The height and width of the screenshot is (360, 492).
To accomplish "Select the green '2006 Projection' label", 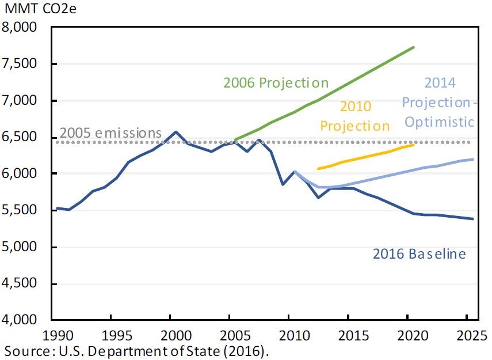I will [x=276, y=83].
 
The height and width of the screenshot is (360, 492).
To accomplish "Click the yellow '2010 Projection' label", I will [x=355, y=116].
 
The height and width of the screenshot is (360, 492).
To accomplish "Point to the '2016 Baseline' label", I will [x=419, y=253].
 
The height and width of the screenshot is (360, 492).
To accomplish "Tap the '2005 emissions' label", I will [x=110, y=133].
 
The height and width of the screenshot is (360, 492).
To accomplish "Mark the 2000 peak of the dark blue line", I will [x=176, y=132].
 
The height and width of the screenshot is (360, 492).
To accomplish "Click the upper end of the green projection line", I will [x=414, y=47].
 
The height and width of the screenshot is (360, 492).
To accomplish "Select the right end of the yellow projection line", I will [x=414, y=145].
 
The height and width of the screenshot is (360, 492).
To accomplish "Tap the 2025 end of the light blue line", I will [x=473, y=160].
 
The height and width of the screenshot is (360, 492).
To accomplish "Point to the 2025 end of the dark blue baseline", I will [x=473, y=219].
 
